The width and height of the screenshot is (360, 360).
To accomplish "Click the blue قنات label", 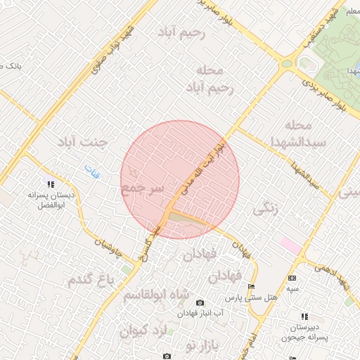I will [x=92, y=169].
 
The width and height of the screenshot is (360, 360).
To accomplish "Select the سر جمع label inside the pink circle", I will [x=143, y=189].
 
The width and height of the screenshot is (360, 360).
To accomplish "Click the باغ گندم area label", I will [x=91, y=279].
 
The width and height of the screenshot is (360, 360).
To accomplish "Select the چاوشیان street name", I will [x=113, y=246].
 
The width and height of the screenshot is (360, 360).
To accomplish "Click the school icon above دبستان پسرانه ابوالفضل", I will [x=50, y=184].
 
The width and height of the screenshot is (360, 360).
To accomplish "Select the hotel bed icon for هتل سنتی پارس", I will [x=252, y=287].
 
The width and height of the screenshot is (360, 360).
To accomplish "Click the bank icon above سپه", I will [x=292, y=278].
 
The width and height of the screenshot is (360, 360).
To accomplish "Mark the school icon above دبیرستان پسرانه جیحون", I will [x=304, y=316].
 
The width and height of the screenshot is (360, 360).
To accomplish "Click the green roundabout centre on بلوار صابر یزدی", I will [x=287, y=64].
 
